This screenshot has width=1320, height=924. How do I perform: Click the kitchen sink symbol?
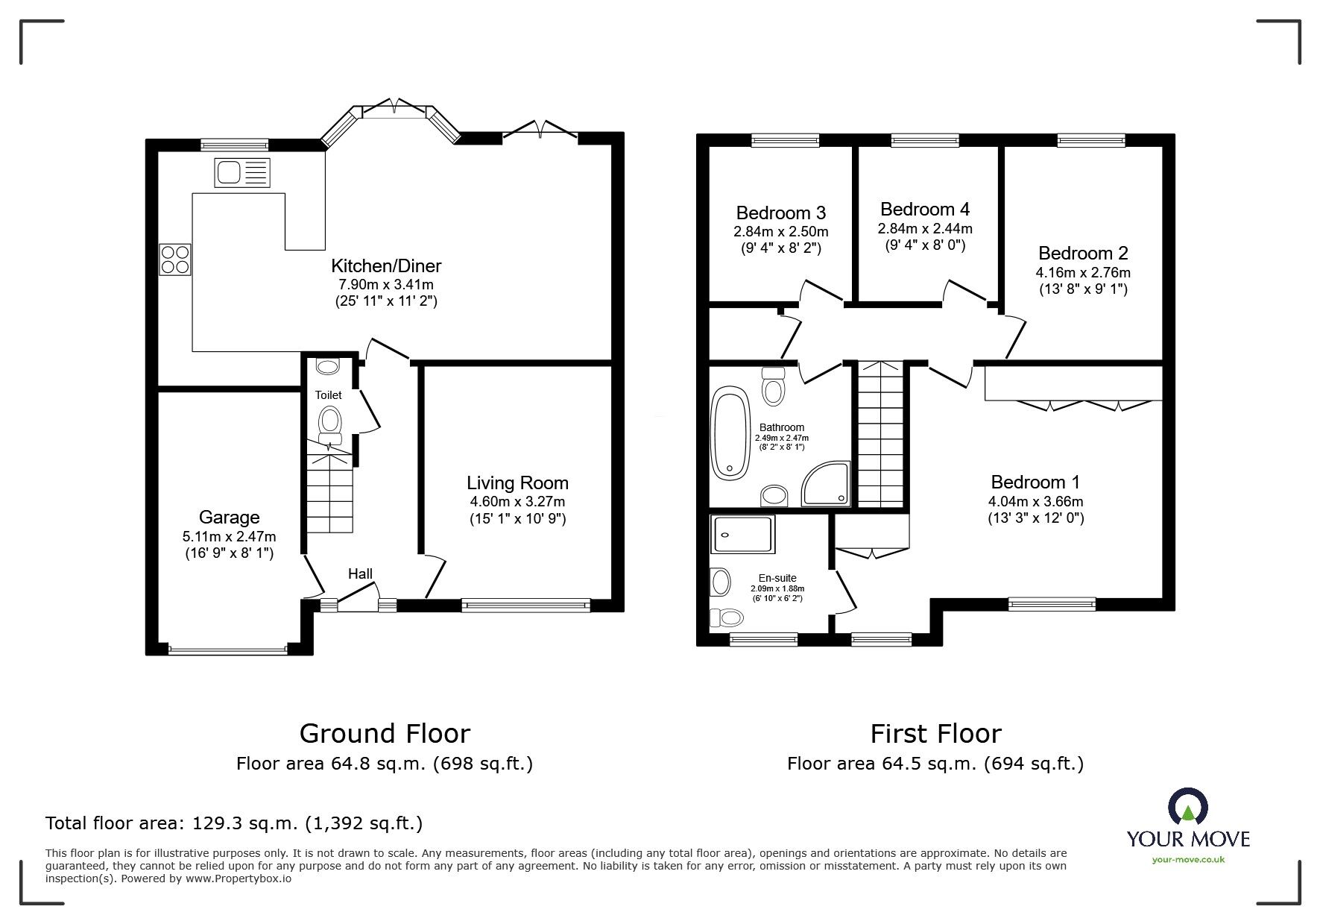pos(241,173)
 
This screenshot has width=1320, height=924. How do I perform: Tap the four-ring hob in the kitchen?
pos(174,260)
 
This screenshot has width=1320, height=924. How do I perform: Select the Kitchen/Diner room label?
pos(386,265)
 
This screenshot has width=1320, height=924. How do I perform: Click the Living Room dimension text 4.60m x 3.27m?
pos(517,502)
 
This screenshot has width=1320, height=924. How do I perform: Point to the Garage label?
pos(229,517)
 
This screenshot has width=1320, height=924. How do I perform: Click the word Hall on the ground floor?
pos(360,573)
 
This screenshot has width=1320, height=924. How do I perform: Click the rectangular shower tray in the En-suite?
pos(742,534)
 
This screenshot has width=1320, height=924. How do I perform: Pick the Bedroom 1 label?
pos(1035,482)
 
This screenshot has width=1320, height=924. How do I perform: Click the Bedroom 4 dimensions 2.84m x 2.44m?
pos(924,228)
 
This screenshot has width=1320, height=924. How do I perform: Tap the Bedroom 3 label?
pos(780,213)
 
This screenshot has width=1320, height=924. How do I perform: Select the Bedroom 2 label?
pos(1082,253)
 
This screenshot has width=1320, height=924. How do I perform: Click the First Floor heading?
pos(935,734)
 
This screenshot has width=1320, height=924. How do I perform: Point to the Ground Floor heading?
pos(385,734)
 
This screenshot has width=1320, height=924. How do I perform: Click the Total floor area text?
pos(234,823)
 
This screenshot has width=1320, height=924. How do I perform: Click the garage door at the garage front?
pos(228,650)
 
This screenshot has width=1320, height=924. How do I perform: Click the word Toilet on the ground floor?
pos(328,395)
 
